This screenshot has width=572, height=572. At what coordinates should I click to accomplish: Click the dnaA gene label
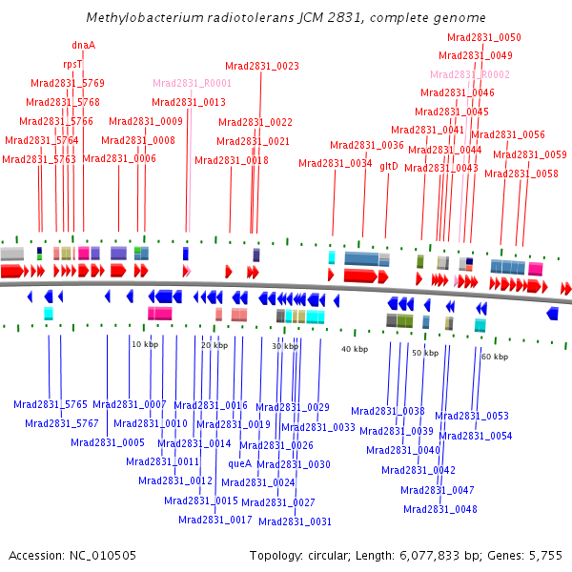(83, 44)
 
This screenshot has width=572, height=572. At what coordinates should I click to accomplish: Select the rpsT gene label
(72, 64)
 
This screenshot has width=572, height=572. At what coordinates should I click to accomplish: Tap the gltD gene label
(388, 166)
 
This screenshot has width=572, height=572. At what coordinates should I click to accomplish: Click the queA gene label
(240, 463)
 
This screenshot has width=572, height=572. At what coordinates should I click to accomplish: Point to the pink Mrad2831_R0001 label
(193, 84)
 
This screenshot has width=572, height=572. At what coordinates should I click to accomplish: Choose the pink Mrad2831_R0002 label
(469, 74)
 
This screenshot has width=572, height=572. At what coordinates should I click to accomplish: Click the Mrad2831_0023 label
(261, 66)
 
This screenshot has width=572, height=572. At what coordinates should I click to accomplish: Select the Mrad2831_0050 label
(484, 37)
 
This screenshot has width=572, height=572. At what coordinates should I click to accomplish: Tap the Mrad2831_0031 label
(295, 521)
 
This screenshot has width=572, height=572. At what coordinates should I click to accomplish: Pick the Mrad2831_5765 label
(51, 404)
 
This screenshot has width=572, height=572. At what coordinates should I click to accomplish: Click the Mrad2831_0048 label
(439, 509)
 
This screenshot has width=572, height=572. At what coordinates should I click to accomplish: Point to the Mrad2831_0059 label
(529, 154)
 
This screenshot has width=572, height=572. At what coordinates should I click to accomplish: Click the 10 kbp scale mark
(144, 343)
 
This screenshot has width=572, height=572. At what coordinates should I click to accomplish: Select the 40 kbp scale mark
(354, 350)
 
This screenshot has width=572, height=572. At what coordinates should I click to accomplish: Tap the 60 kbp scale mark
(494, 356)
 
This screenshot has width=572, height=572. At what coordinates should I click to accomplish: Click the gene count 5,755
(547, 555)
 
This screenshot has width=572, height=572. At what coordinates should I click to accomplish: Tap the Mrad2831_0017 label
(215, 520)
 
